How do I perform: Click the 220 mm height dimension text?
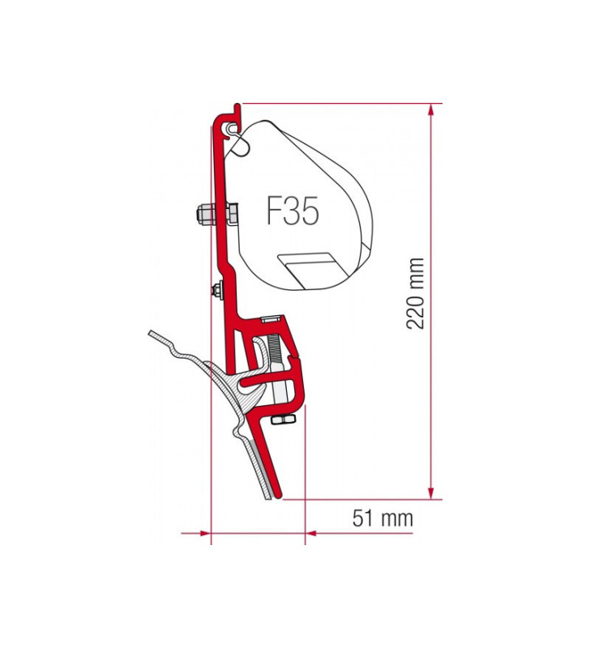pyautogui.click(x=416, y=293)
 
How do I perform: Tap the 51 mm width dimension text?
pyautogui.click(x=383, y=518)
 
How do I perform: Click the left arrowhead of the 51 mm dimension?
pyautogui.click(x=203, y=533)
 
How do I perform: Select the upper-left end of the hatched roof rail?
pyautogui.click(x=152, y=334)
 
